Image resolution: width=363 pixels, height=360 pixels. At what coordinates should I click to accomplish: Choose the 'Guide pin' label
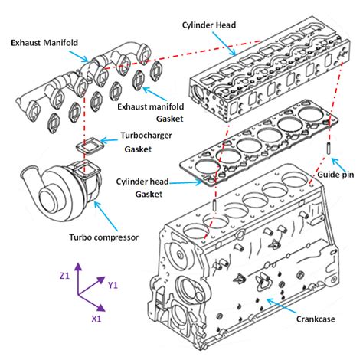click(x=337, y=175)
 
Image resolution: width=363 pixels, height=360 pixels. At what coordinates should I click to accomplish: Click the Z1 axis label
click(x=65, y=275)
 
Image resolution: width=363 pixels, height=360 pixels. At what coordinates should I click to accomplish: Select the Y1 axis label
click(x=113, y=285)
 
